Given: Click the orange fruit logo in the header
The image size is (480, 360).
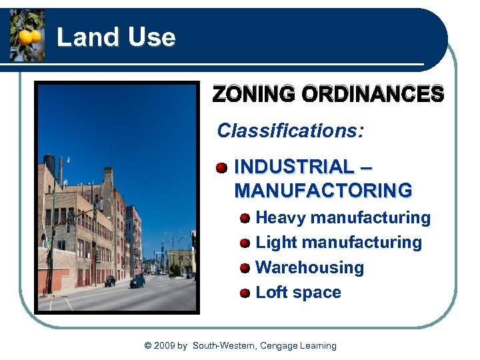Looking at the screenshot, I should pyautogui.click(x=27, y=35).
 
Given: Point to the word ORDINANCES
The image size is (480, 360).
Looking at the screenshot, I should pyautogui.click(x=373, y=95).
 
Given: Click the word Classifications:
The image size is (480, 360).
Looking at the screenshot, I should pyautogui.click(x=291, y=130).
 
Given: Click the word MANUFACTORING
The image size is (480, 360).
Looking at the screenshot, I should pyautogui.click(x=323, y=191).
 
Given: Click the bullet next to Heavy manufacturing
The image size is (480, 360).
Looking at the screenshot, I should pyautogui.click(x=245, y=218).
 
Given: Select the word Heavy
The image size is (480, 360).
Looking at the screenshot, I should pyautogui.click(x=281, y=218).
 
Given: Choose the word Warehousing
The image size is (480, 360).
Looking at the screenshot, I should pyautogui.click(x=310, y=267).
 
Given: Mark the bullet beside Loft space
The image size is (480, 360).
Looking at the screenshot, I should pyautogui.click(x=245, y=293).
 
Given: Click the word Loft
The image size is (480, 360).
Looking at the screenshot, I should pyautogui.click(x=271, y=293).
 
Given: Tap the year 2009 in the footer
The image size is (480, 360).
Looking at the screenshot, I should pyautogui.click(x=164, y=345).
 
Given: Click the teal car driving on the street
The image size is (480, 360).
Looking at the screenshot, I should pyautogui.click(x=138, y=281).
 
